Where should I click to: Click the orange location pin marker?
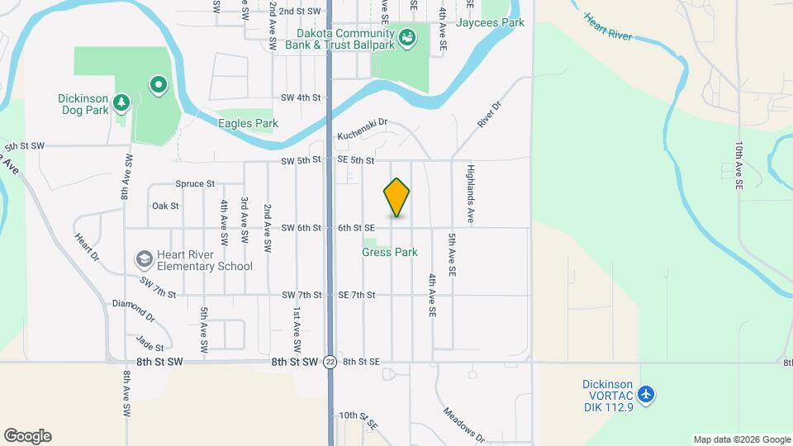tap(396, 197)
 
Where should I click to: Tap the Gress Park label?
tap(389, 252)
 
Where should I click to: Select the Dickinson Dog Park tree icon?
tap(122, 102)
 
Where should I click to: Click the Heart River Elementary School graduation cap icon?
tap(145, 259)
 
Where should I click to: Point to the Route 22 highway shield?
tap(330, 362)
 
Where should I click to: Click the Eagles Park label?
tap(248, 124)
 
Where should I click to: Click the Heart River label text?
tap(607, 26)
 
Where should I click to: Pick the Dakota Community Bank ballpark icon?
tap(406, 36)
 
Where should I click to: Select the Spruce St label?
tap(195, 183)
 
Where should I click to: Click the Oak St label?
tap(165, 206)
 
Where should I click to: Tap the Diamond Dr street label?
tap(133, 310)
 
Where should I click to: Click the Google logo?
tap(27, 436)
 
